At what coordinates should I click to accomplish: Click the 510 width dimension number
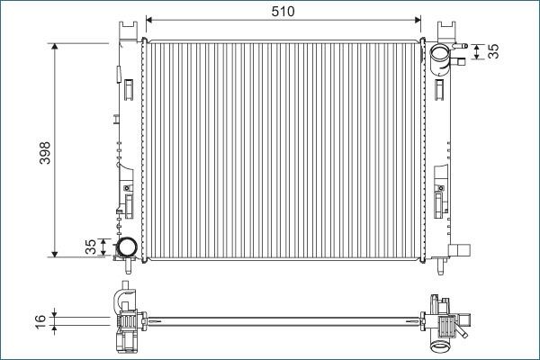[x=283, y=10]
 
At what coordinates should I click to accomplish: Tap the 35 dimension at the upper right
[x=492, y=51]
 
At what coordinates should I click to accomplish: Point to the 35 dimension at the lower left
[x=90, y=247]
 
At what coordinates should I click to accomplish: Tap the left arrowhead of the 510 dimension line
[x=149, y=19]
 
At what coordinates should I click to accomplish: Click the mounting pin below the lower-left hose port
[x=127, y=265]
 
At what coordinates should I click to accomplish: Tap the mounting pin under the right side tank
[x=440, y=265]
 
